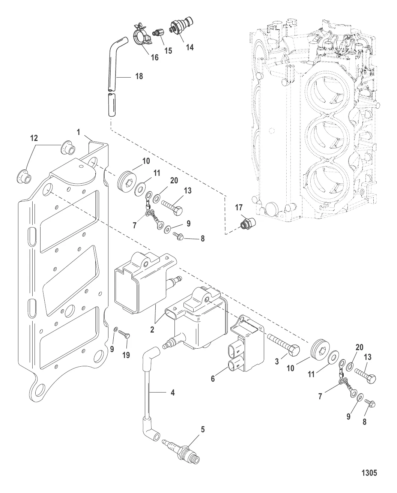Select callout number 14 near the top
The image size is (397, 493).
pyautogui.click(x=189, y=47)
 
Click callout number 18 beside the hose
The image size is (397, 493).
pyautogui.click(x=139, y=76)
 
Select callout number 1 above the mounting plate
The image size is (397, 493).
pyautogui.click(x=79, y=132)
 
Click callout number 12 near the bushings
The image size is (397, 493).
pyautogui.click(x=34, y=138)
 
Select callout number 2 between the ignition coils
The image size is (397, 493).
pyautogui.click(x=152, y=330)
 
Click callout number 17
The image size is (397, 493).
pyautogui.click(x=239, y=208)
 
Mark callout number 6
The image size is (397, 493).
pyautogui.click(x=213, y=379)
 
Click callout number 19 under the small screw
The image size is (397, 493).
pyautogui.click(x=126, y=355)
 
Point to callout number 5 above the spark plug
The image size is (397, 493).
pyautogui.click(x=203, y=430)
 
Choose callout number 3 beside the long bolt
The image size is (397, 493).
pyautogui.click(x=277, y=361)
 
